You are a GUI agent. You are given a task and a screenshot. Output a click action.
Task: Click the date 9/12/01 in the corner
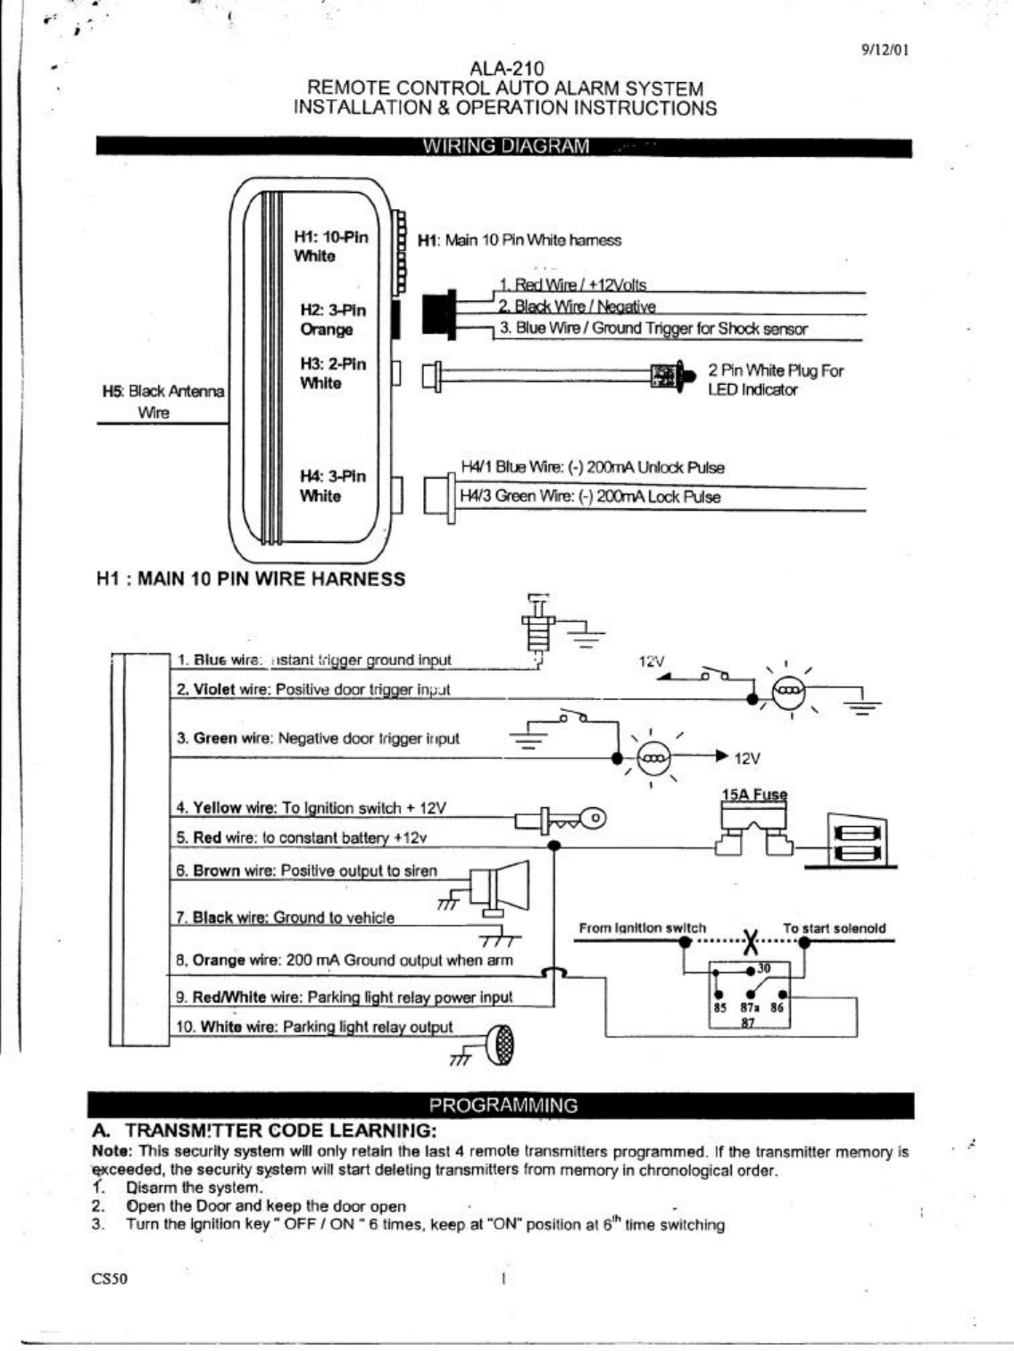[885, 50]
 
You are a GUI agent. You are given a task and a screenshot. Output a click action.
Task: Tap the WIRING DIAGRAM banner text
[505, 146]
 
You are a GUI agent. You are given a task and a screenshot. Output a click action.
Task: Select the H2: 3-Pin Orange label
[332, 320]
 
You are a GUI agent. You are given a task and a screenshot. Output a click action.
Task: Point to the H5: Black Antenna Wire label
[162, 401]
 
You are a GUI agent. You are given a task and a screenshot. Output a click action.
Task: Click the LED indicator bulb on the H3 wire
[668, 376]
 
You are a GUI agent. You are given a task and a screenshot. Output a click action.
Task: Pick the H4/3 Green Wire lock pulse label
[590, 497]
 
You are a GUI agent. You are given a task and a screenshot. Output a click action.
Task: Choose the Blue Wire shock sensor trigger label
[652, 329]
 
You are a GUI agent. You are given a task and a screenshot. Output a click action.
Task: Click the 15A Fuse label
[754, 795]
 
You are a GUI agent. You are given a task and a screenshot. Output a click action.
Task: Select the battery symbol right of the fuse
[857, 841]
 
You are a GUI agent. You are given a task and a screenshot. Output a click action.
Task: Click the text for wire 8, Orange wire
[345, 961]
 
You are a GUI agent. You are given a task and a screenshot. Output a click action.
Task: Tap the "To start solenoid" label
[834, 929]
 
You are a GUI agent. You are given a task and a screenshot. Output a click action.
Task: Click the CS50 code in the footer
[110, 1279]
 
